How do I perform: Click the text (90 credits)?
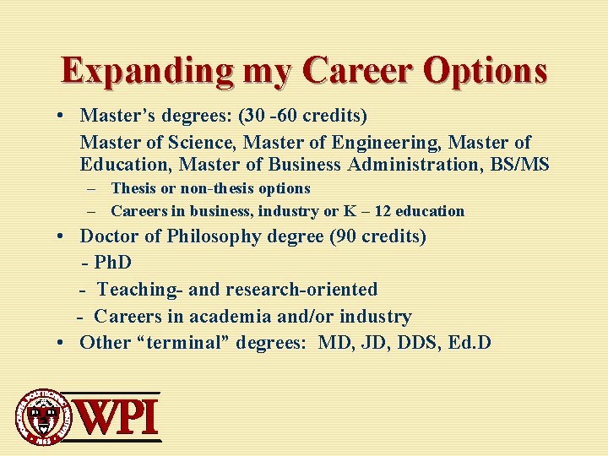[x=377, y=236]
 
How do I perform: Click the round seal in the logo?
[x=40, y=416]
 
